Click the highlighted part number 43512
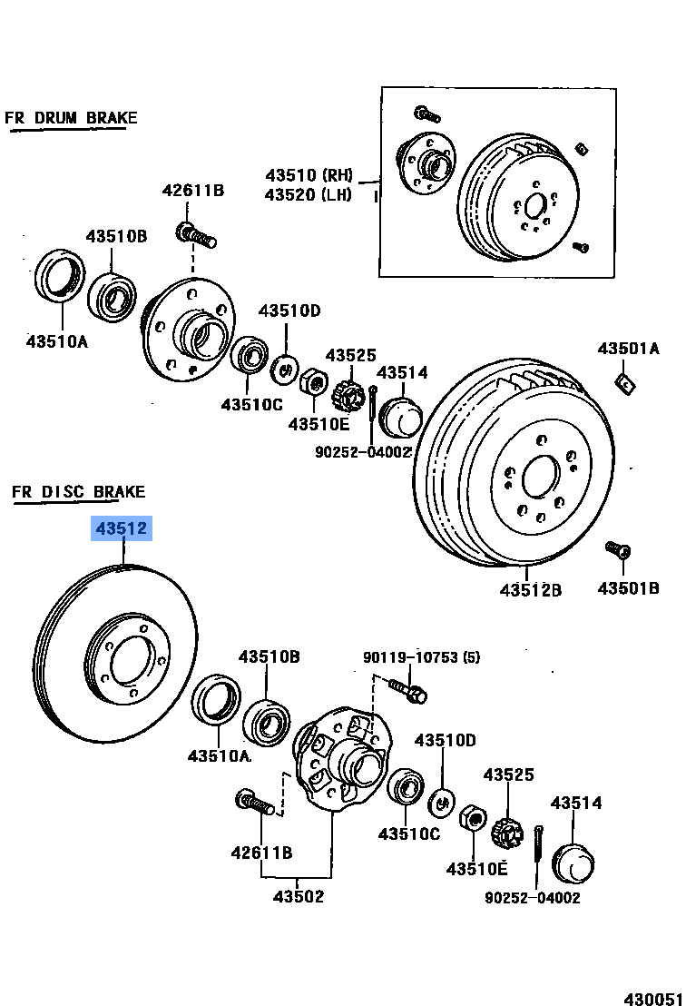tap(120, 528)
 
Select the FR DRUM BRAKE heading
tap(71, 118)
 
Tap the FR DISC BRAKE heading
tap(78, 492)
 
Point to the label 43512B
tap(530, 590)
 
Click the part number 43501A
tap(628, 349)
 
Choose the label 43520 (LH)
tap(309, 194)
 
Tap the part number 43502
tap(299, 896)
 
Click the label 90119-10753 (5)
tap(422, 657)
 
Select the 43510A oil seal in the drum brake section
tap(61, 278)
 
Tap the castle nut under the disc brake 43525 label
tap(506, 830)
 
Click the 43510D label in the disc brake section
tap(446, 740)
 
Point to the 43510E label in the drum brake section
tap(318, 423)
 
